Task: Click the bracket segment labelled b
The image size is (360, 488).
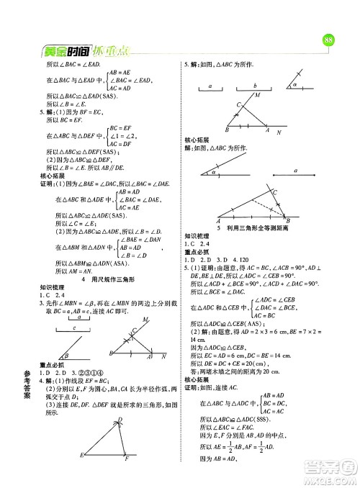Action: [x=255, y=86]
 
